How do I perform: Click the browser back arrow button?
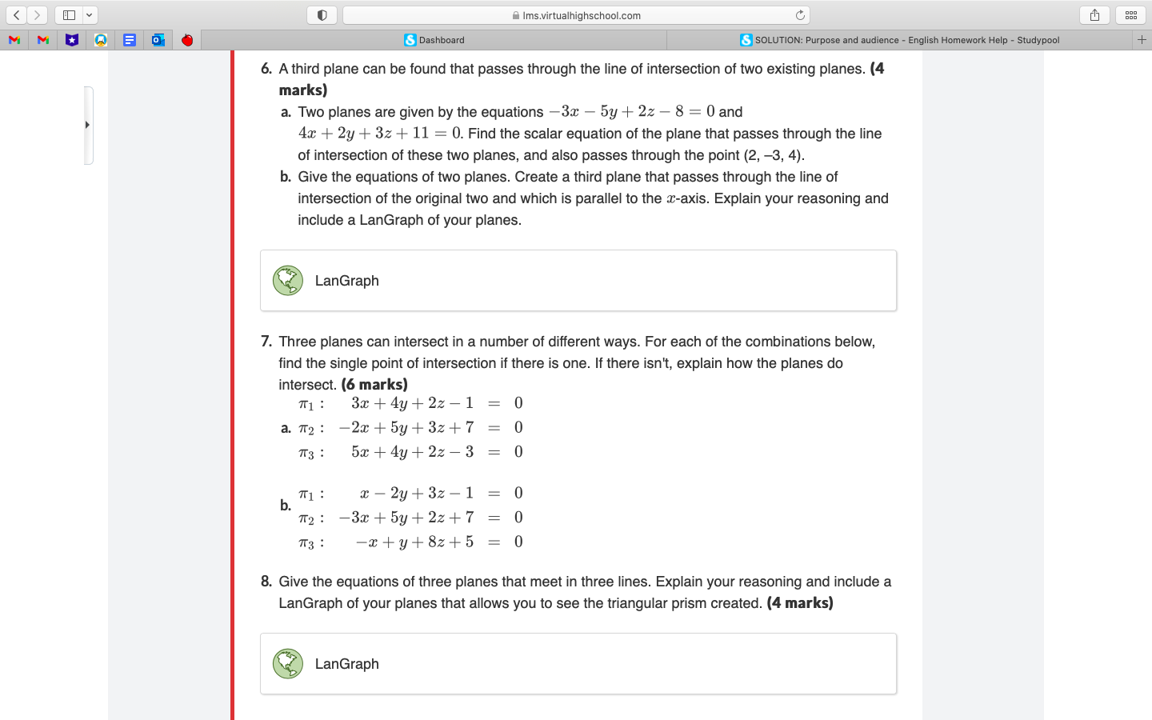(17, 15)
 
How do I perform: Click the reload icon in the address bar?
(799, 15)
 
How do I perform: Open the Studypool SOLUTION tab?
(900, 40)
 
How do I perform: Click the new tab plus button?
(1142, 39)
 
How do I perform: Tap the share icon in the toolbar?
(1094, 15)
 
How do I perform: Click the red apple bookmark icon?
(187, 40)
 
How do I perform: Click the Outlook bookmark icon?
(158, 40)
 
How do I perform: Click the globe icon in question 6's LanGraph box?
(288, 281)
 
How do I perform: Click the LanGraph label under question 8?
(346, 664)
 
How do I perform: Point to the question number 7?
(266, 342)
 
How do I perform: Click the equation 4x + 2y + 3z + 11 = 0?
(379, 134)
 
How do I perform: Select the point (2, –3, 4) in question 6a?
(773, 155)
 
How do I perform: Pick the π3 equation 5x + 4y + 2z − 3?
(412, 452)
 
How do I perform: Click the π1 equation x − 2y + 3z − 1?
(416, 493)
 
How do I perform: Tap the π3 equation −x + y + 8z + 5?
(414, 542)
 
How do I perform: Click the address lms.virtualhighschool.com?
(581, 15)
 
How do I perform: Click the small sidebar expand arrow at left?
(87, 125)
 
